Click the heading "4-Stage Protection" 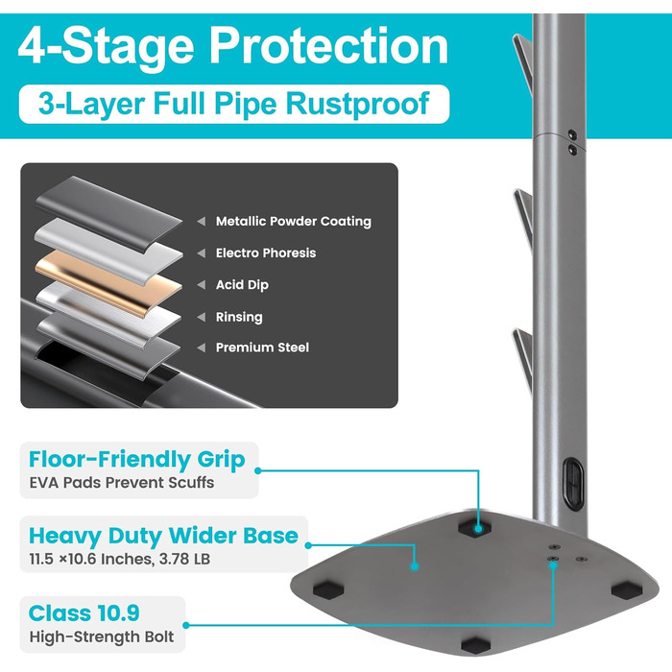click(233, 46)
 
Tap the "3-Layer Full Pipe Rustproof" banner click(234, 104)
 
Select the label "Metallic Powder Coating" click(294, 221)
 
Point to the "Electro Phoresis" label click(266, 252)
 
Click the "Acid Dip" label click(242, 284)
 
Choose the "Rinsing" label click(239, 317)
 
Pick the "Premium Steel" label click(262, 348)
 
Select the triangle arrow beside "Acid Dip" click(201, 284)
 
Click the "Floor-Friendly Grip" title click(136, 460)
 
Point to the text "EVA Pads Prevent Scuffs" click(122, 483)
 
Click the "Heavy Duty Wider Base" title click(163, 536)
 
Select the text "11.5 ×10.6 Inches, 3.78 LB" click(120, 559)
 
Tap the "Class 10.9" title click(84, 612)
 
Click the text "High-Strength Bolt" click(102, 636)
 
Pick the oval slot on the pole click(573, 483)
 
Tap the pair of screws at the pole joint click(572, 142)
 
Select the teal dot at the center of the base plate click(414, 566)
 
